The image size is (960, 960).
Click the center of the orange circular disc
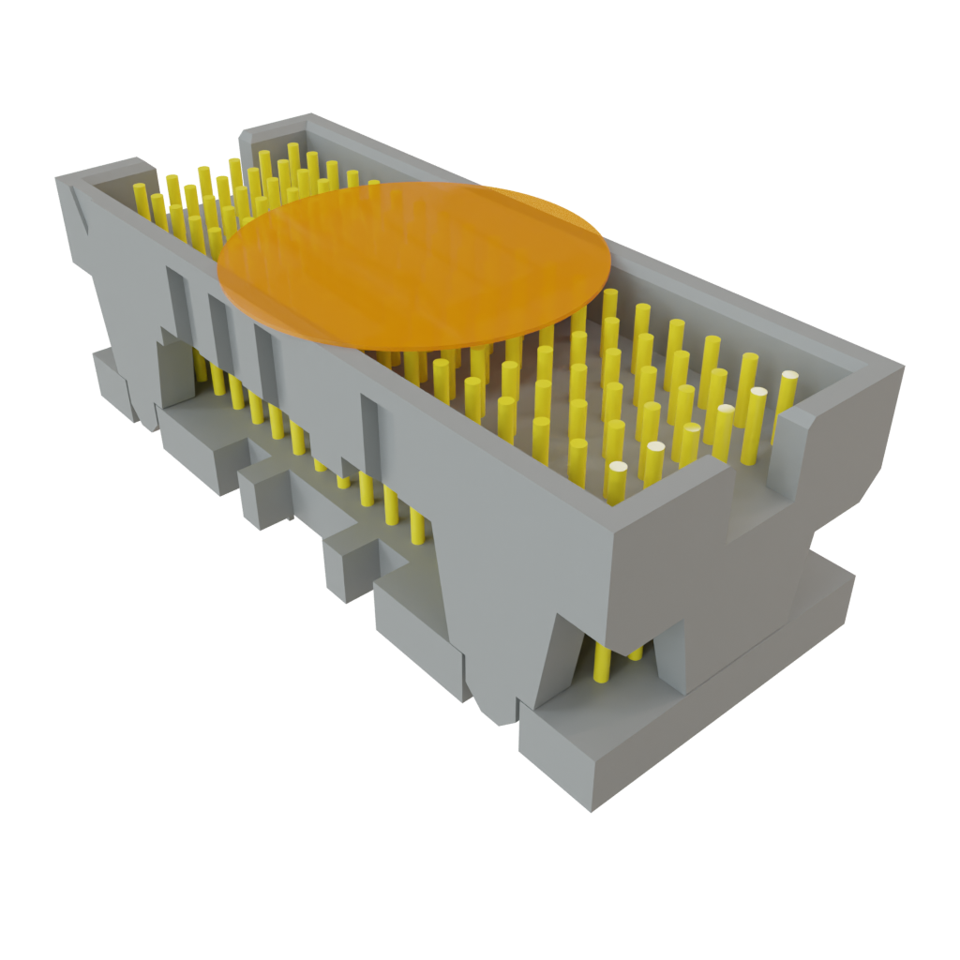point(413,266)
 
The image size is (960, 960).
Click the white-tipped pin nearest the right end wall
point(787,378)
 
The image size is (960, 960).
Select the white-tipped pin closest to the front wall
point(617,468)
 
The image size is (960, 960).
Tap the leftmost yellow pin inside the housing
point(141,200)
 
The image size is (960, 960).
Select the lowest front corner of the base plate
point(591,810)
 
